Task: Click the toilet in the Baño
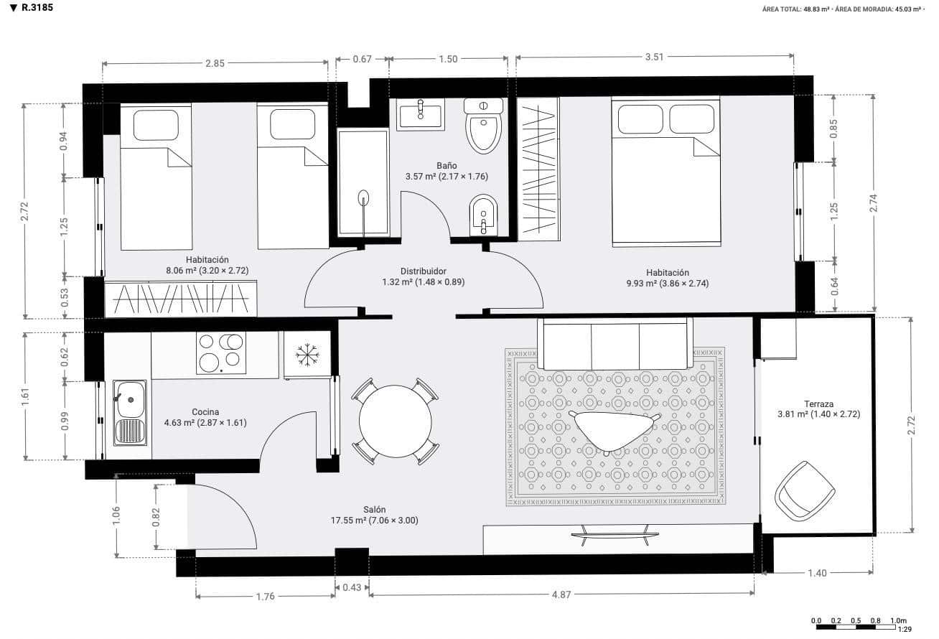[483, 128]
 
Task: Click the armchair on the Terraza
[805, 491]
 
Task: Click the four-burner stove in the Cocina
[220, 353]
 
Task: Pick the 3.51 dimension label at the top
[654, 57]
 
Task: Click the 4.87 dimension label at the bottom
[561, 594]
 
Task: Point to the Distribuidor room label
[424, 271]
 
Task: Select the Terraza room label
[818, 404]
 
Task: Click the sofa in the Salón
[615, 344]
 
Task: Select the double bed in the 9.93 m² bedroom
[665, 172]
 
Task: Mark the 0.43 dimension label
[352, 587]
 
